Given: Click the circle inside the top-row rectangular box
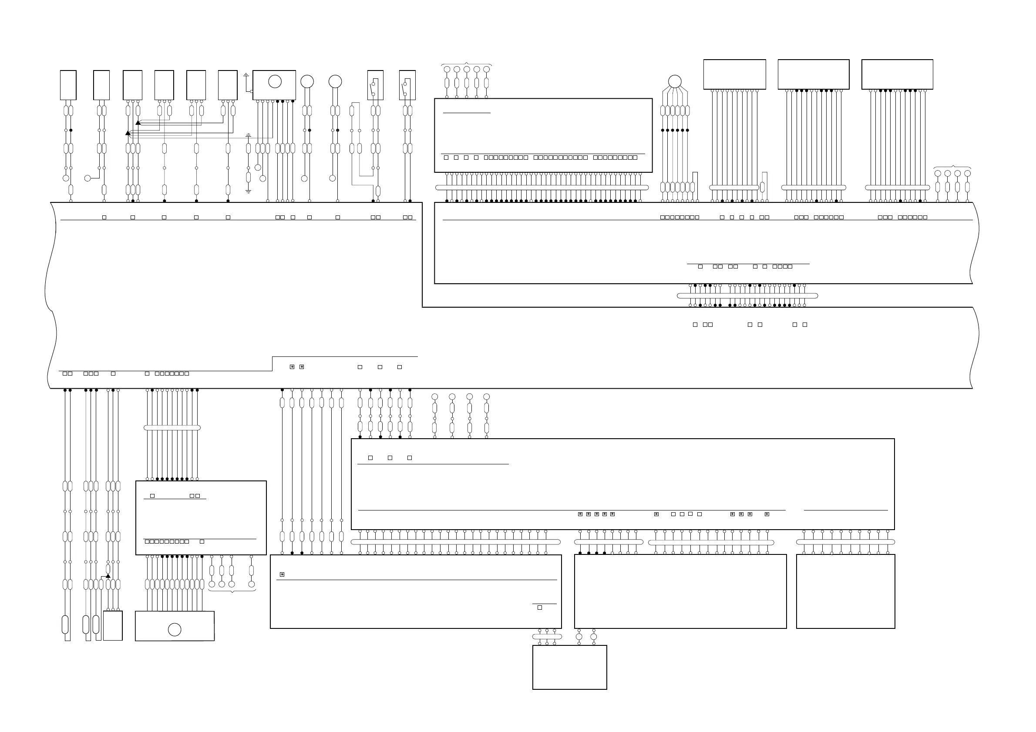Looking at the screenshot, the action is (x=275, y=82).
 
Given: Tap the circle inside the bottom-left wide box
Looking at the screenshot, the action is (x=175, y=630).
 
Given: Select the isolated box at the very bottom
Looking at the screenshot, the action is (x=569, y=667).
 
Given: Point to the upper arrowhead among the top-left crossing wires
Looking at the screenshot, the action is (x=138, y=123).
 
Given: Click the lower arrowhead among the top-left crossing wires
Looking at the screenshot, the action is (x=128, y=133).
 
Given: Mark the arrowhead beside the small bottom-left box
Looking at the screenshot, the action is (x=108, y=576).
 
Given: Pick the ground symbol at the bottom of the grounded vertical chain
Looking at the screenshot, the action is (x=248, y=191).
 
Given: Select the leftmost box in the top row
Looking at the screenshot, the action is (x=68, y=85).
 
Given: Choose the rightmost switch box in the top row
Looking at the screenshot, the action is (x=407, y=85).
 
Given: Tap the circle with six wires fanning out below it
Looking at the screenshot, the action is (x=675, y=82).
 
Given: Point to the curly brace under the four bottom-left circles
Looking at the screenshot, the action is (x=232, y=591).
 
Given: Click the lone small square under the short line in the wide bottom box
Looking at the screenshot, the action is (x=540, y=608).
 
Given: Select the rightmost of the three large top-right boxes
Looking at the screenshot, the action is (x=897, y=74).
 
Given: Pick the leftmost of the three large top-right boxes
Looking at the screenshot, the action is (x=735, y=74).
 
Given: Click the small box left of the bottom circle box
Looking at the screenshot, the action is (x=113, y=625).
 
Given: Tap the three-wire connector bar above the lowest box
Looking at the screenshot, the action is (x=547, y=637).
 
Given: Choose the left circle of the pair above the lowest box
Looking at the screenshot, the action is (x=579, y=637).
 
